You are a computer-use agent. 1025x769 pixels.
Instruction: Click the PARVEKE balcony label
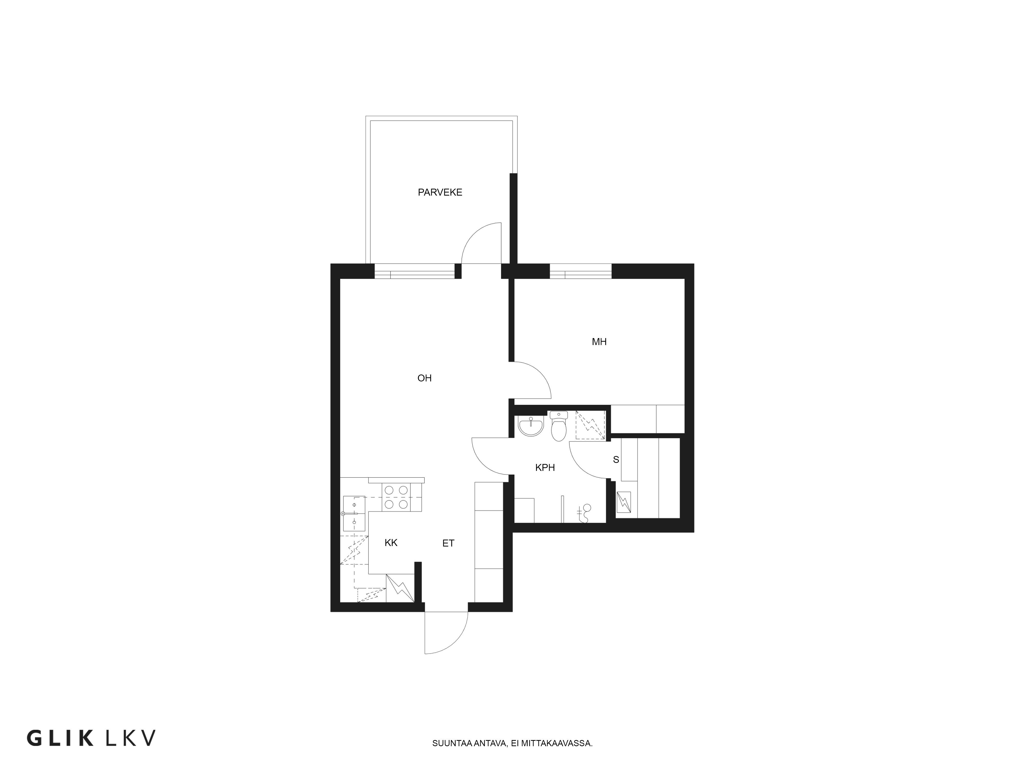[x=440, y=192]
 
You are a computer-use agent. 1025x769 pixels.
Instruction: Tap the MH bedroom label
[x=599, y=342]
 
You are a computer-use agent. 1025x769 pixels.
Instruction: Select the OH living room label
[x=424, y=378]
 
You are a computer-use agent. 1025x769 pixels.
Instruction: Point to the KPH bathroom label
[x=545, y=468]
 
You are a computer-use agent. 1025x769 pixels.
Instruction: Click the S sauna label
[x=616, y=460]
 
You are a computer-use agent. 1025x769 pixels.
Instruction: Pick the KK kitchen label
[x=391, y=543]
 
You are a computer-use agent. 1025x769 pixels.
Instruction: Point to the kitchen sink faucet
[x=347, y=514]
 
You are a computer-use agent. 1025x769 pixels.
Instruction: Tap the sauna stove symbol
[x=624, y=502]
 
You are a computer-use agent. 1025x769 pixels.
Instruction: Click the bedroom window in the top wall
[x=581, y=271]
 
